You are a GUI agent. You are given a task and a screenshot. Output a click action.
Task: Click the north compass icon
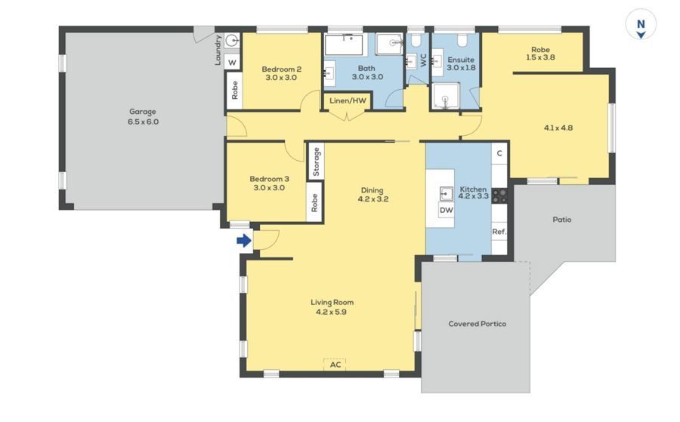tap(641, 25)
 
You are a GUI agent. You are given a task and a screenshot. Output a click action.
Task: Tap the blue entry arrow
tap(244, 241)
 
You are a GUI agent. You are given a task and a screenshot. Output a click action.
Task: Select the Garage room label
tap(143, 112)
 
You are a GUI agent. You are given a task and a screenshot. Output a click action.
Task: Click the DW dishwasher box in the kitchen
tap(447, 210)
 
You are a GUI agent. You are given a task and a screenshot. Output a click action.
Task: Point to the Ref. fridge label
tap(499, 232)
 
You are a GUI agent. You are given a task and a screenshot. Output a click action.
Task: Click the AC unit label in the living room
tap(335, 365)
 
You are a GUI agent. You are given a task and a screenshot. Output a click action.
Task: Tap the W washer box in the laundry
tap(233, 63)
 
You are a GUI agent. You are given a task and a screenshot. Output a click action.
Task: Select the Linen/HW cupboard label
tap(348, 101)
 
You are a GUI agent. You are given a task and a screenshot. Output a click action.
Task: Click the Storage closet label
tap(316, 162)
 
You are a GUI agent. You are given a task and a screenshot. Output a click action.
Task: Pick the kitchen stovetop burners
tap(499, 196)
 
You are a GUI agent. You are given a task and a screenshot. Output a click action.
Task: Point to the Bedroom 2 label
tap(282, 69)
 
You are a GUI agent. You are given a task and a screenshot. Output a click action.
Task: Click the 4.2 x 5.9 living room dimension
tap(331, 312)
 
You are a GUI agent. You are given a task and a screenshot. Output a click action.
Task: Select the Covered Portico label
tap(477, 324)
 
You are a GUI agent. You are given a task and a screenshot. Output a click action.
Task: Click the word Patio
tap(562, 220)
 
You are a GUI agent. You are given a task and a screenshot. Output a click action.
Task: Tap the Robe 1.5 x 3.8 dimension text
tap(540, 57)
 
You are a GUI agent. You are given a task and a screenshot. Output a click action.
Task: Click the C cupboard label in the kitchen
tap(499, 153)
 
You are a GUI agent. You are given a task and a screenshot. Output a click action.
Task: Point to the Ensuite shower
tap(445, 96)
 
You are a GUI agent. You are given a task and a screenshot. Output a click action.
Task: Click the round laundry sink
tap(233, 42)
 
